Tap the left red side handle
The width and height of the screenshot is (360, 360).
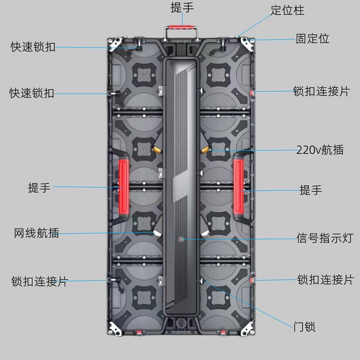click(x=123, y=187)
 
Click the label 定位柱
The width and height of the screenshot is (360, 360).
click(x=288, y=11)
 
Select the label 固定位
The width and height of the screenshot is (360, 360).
click(x=312, y=39)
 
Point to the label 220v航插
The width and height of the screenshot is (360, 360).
click(x=320, y=150)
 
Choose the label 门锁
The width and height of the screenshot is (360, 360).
click(x=304, y=327)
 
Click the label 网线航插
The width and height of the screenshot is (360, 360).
click(x=36, y=233)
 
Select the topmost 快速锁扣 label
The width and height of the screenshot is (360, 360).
click(x=33, y=47)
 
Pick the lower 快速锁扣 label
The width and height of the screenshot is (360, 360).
click(x=32, y=93)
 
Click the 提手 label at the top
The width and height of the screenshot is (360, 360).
click(x=182, y=8)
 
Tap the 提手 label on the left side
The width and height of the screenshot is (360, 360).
click(x=39, y=187)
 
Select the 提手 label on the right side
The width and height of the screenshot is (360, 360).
click(x=311, y=190)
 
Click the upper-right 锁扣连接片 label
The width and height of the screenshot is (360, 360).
click(x=322, y=91)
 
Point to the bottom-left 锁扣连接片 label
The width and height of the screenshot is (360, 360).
click(x=39, y=281)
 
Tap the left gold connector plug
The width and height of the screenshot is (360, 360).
click(x=156, y=149)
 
